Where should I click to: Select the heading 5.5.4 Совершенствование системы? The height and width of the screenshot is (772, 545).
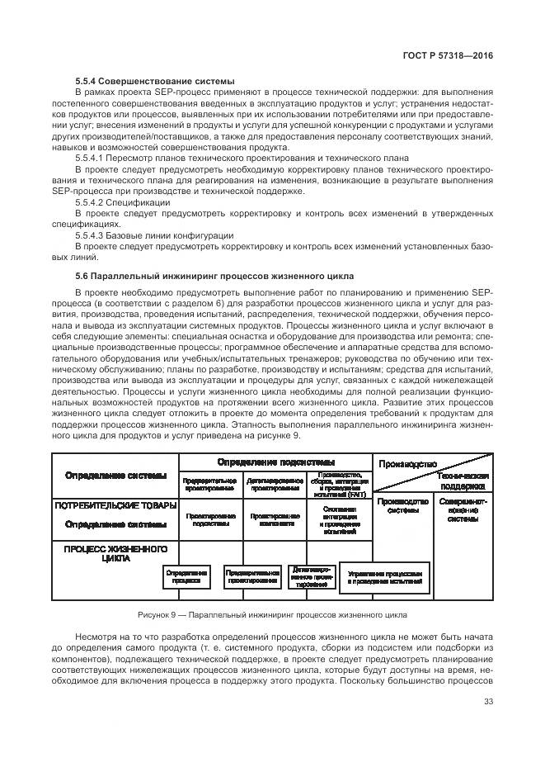click(154, 81)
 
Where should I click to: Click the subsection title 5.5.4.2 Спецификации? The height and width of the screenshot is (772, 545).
click(123, 202)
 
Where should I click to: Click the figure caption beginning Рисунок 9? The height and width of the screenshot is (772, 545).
click(272, 615)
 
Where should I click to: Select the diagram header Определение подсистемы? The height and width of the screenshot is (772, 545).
click(276, 462)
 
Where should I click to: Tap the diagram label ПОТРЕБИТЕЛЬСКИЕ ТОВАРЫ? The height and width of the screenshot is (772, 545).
click(115, 504)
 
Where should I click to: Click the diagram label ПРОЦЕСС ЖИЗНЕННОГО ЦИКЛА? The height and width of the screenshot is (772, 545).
click(115, 553)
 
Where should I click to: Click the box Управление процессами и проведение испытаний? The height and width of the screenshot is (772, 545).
click(385, 577)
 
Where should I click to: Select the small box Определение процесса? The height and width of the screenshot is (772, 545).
click(186, 575)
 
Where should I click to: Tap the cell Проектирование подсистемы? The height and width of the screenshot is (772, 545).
click(210, 519)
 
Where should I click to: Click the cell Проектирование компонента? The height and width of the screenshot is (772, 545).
click(275, 519)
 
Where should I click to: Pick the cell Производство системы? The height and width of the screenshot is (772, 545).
click(403, 505)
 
